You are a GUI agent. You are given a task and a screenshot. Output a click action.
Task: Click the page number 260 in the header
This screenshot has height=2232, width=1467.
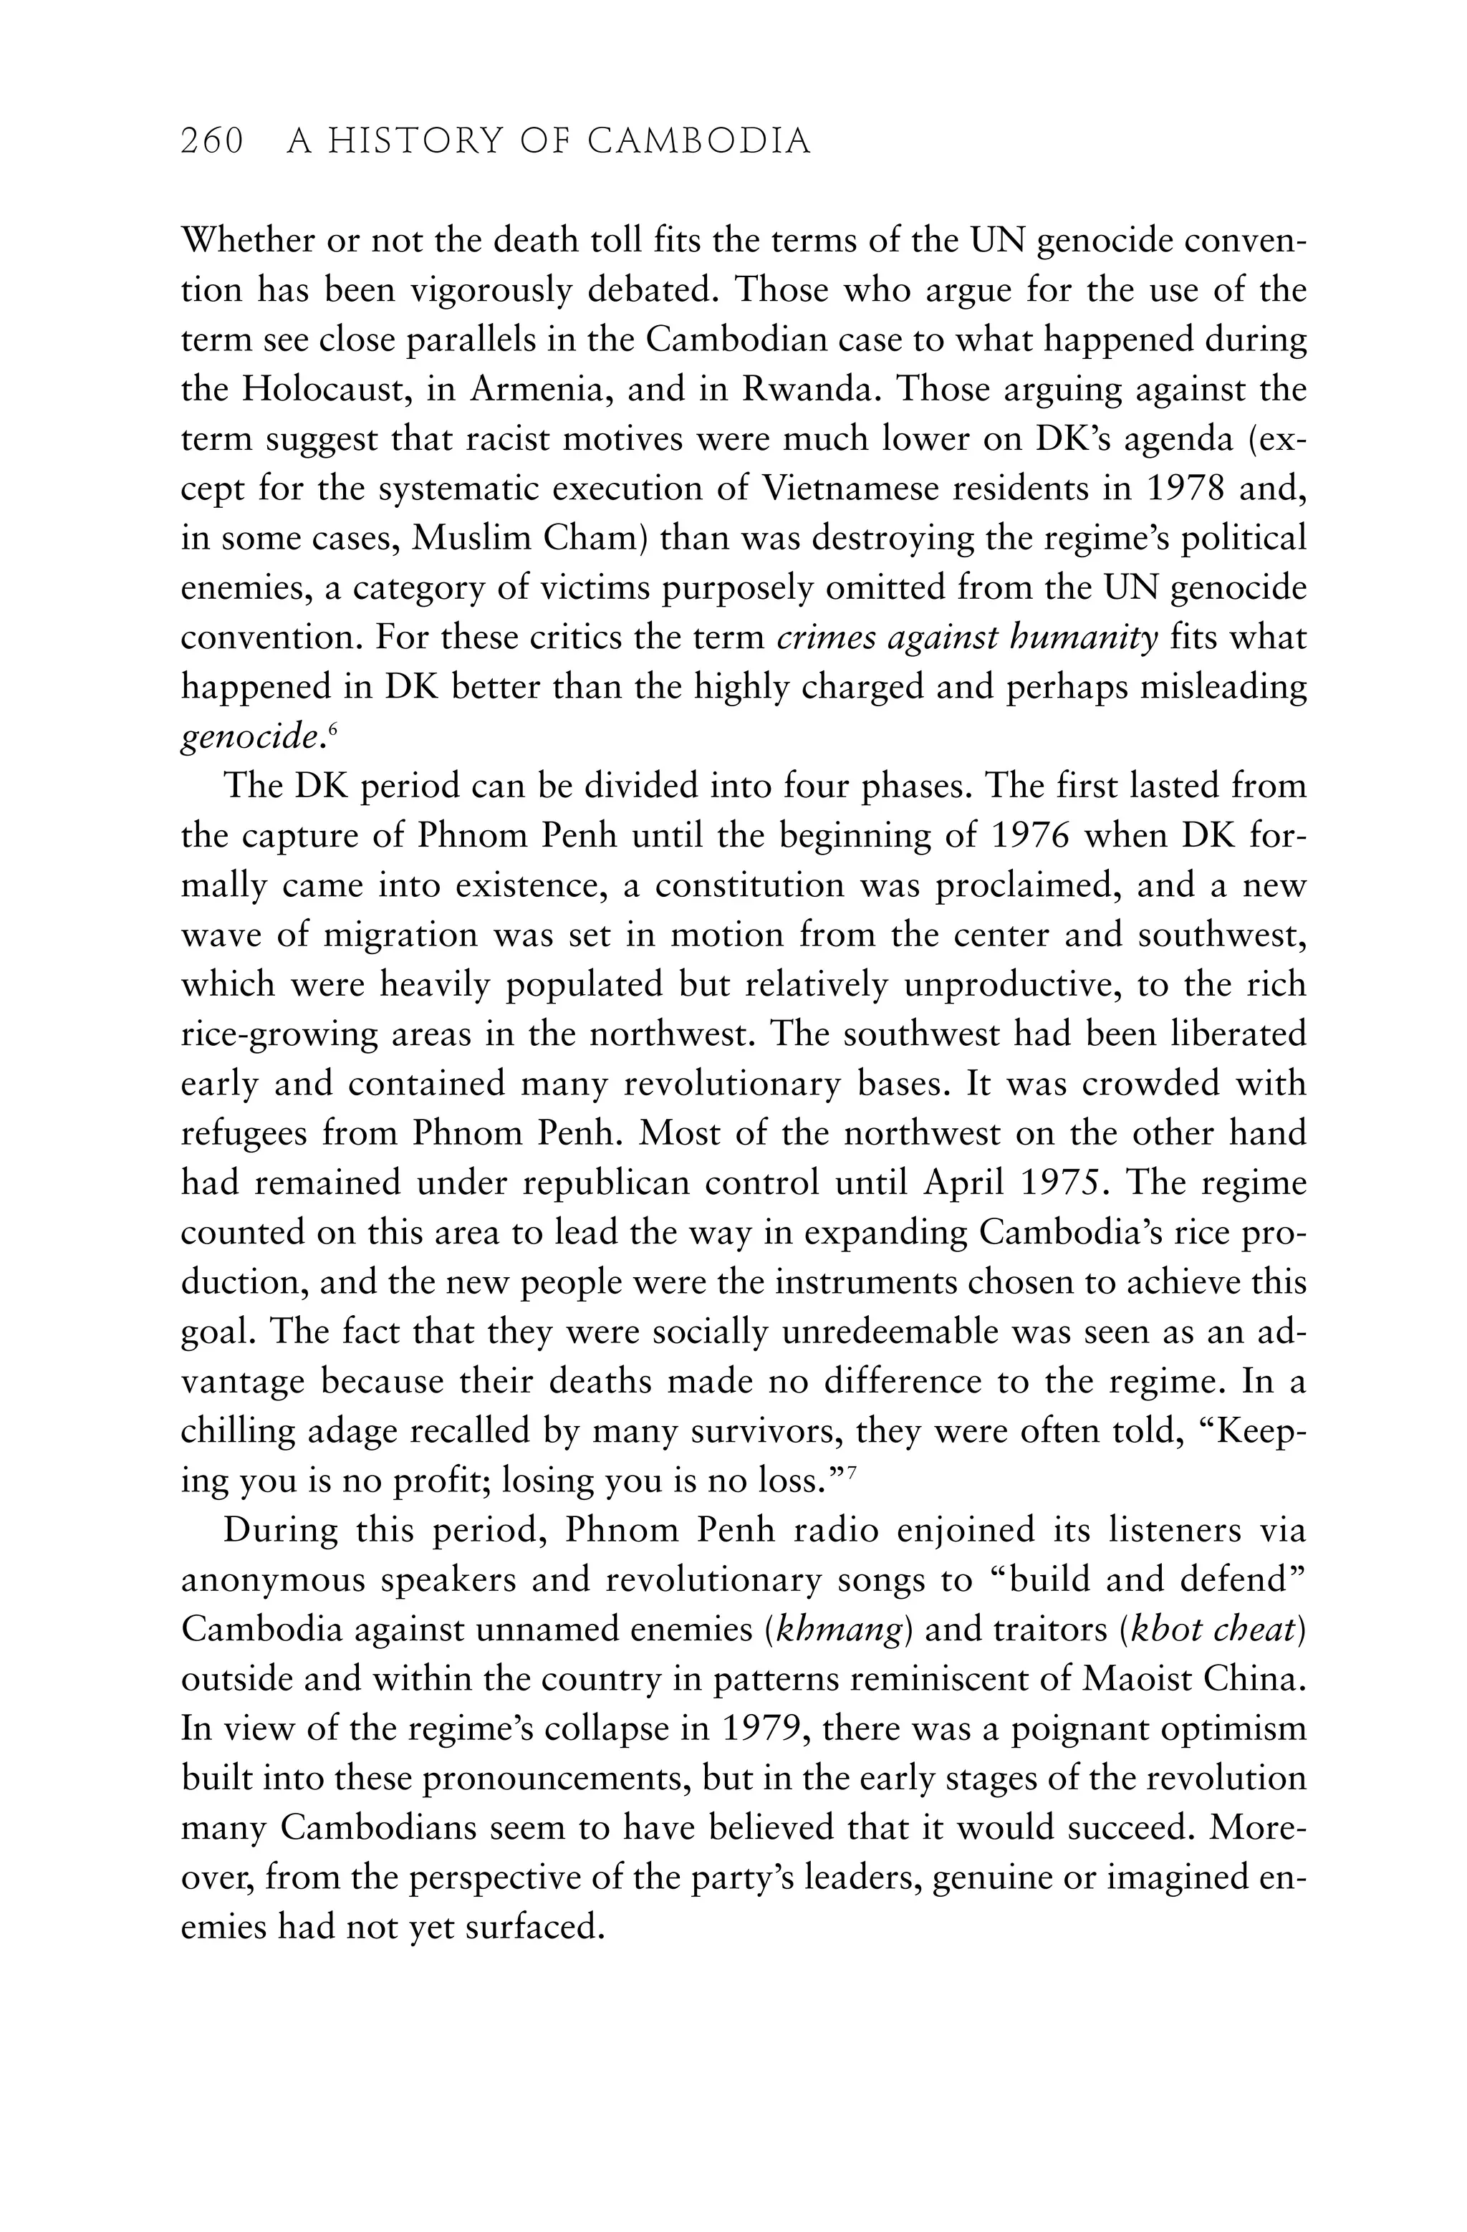pyautogui.click(x=212, y=142)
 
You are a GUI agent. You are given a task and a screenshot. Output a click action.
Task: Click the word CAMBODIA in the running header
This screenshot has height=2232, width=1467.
pyautogui.click(x=699, y=142)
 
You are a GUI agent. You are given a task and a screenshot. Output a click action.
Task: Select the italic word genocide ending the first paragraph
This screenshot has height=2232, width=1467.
pyautogui.click(x=246, y=737)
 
